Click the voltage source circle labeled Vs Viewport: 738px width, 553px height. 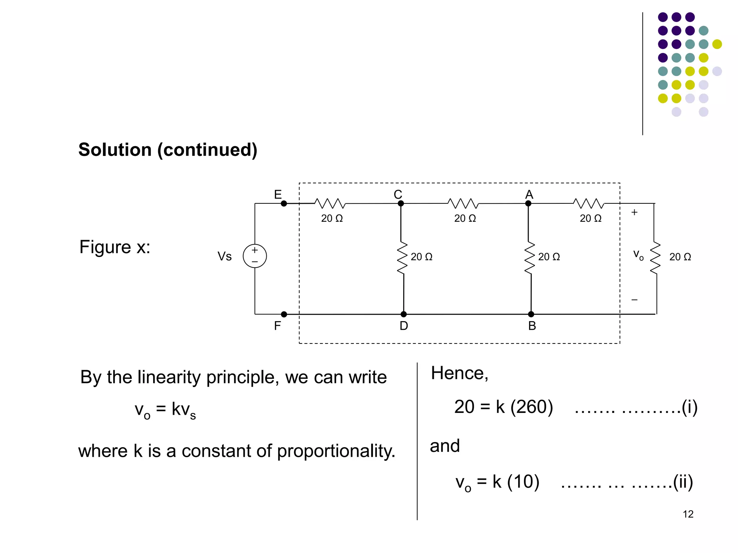tap(255, 256)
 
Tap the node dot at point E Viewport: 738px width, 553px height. tap(284, 204)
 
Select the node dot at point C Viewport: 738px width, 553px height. tap(401, 204)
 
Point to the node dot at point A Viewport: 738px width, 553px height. tap(528, 204)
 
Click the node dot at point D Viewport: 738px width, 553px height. tap(404, 314)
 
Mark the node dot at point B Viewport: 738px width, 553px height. tap(531, 314)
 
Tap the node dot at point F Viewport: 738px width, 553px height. tap(284, 314)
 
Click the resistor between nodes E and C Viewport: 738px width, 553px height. tap(330, 204)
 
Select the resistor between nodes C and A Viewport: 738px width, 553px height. tap(463, 204)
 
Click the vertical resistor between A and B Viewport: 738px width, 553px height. tap(529, 258)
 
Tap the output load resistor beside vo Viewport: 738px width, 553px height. tap(655, 258)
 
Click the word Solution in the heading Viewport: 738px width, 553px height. tap(115, 150)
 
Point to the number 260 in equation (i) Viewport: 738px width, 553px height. tap(532, 407)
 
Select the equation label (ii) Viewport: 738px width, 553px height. tap(683, 482)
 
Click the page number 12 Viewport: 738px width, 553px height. tap(688, 514)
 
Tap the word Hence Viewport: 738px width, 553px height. tap(459, 373)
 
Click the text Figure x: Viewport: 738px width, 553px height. tap(115, 247)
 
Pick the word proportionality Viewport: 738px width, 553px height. tap(336, 451)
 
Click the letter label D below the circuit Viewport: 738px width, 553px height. tap(404, 326)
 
